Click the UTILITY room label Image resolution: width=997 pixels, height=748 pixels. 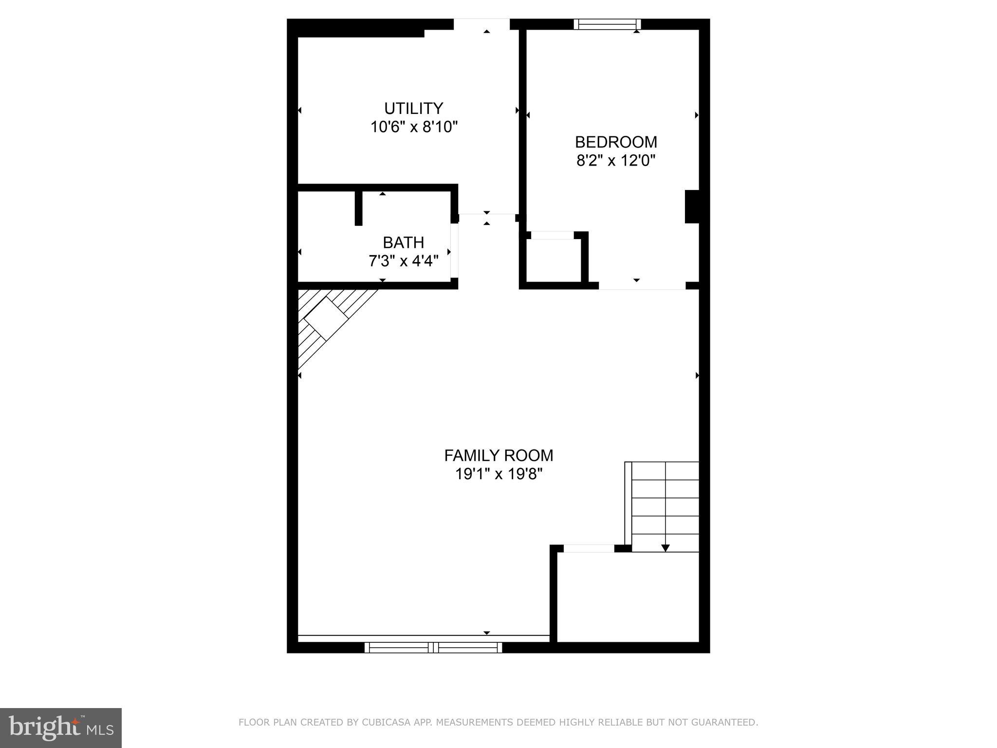[413, 108]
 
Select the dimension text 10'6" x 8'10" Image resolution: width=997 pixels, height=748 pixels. [414, 127]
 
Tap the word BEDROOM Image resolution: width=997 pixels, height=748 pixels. [616, 142]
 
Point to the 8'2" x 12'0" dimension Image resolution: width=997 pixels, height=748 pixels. [616, 161]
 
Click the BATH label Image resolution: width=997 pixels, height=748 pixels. [403, 243]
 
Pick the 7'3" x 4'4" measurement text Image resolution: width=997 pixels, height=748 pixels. [404, 262]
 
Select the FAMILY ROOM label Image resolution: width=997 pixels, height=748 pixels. [498, 456]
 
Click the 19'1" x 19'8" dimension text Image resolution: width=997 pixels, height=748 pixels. [498, 474]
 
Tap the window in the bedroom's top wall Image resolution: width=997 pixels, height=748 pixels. [607, 24]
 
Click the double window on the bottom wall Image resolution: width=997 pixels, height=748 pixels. [433, 647]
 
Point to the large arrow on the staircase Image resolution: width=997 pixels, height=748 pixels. [665, 548]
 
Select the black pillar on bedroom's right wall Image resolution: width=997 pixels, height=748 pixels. [692, 206]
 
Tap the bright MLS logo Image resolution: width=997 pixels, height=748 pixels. [61, 728]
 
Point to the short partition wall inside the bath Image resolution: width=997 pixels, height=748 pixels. [359, 208]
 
